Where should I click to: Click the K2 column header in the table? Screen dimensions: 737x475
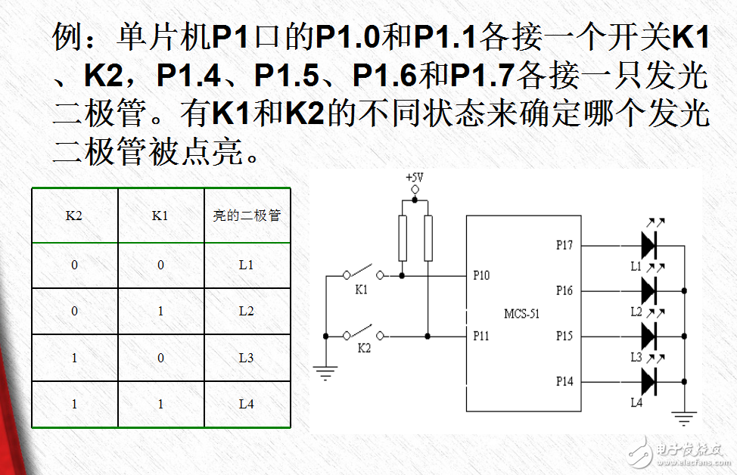[74, 216]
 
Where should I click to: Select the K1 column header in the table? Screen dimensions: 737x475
[160, 216]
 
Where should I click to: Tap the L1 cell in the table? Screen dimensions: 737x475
[246, 265]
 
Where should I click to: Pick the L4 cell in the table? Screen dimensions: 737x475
[246, 404]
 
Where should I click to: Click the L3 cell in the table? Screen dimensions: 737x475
[246, 358]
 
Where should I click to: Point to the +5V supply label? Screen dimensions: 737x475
[415, 178]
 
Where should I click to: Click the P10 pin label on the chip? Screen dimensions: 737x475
[481, 275]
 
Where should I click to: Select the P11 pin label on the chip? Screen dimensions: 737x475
[480, 336]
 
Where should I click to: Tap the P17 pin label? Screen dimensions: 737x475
[564, 245]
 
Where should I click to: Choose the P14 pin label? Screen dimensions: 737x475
[564, 381]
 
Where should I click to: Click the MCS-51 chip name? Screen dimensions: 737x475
[522, 314]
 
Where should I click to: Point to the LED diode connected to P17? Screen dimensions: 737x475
[648, 245]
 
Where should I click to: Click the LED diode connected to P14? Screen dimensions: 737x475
[648, 381]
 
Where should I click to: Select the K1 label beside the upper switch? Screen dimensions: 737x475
[361, 290]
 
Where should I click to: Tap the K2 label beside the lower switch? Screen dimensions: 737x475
[364, 348]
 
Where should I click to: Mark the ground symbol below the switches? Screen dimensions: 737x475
[325, 373]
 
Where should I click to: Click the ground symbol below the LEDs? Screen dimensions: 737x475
[684, 418]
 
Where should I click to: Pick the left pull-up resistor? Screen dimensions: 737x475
[403, 238]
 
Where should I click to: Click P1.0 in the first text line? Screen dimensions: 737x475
[347, 37]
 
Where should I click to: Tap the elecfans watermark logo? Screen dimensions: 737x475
[679, 452]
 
